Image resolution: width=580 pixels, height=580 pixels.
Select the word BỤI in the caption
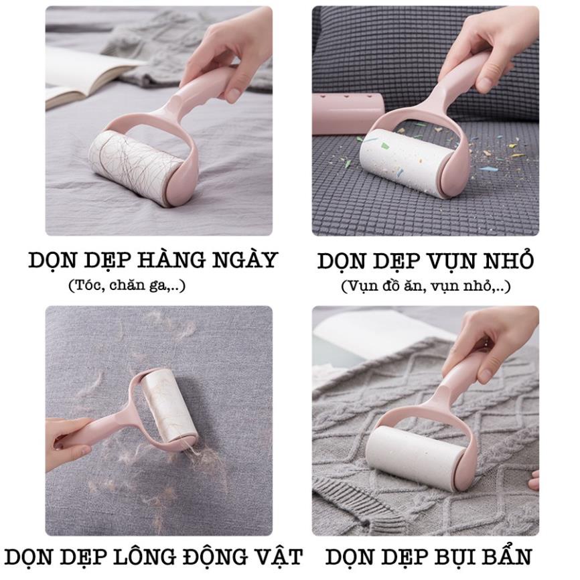point(446,557)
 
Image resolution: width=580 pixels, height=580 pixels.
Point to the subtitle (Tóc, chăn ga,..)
point(127,285)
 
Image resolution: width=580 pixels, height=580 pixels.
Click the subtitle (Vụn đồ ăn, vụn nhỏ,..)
point(425,287)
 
